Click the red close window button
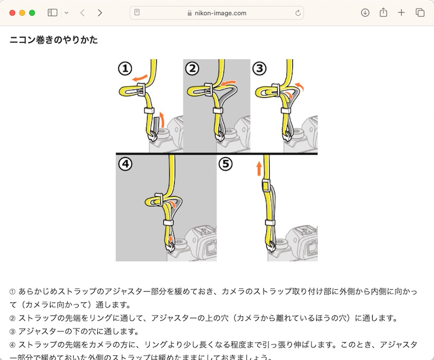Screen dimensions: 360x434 (12, 12)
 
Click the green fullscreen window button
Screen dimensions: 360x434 (32, 12)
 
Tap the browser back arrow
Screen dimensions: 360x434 (82, 12)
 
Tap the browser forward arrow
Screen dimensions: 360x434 (100, 12)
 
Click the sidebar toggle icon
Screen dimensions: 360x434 (53, 12)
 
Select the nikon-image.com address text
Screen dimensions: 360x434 (220, 12)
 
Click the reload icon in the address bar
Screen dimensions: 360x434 (298, 12)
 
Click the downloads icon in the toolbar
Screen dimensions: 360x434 (365, 12)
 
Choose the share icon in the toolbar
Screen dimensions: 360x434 (384, 12)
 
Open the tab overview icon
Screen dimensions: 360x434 (420, 12)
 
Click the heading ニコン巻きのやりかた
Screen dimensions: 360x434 (54, 40)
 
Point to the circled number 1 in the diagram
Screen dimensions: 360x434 (125, 68)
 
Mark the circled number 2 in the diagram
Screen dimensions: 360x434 (192, 68)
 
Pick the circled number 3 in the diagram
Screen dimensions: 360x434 (260, 68)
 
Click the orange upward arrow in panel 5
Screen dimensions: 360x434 (259, 168)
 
